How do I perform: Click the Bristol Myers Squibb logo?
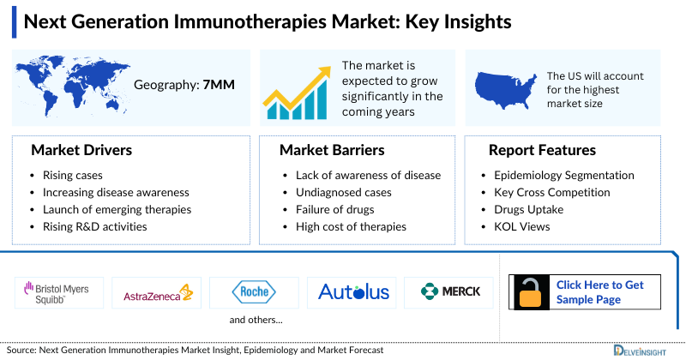click(x=57, y=291)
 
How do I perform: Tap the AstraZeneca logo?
click(x=157, y=292)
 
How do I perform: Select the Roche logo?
click(x=254, y=292)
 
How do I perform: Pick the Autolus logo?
click(x=353, y=292)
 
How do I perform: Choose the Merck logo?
click(x=450, y=292)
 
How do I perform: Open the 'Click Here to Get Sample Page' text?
click(x=600, y=292)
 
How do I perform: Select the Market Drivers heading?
click(x=81, y=151)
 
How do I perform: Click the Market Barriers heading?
click(x=332, y=151)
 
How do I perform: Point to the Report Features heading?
click(x=542, y=151)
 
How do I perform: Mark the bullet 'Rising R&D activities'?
click(x=94, y=226)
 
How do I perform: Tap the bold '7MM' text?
click(x=219, y=85)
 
